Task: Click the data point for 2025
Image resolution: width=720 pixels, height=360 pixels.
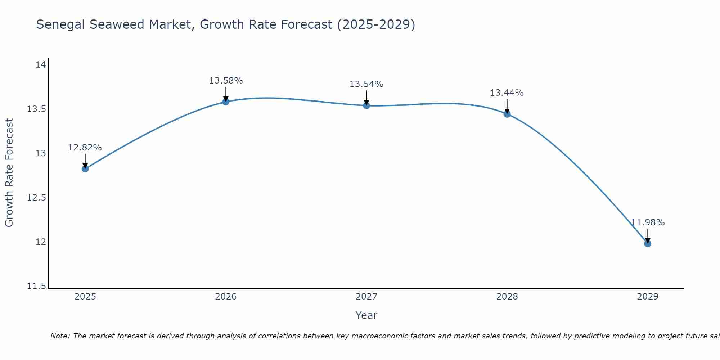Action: click(85, 168)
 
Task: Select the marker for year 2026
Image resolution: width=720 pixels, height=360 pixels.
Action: click(226, 102)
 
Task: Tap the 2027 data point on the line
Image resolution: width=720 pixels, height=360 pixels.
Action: click(366, 105)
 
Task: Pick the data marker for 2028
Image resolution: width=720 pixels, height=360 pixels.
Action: click(507, 114)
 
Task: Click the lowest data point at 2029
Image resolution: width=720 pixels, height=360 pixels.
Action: click(648, 243)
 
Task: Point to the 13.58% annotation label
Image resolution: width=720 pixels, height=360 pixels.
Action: click(226, 81)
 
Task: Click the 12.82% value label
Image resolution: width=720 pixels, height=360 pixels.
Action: click(85, 148)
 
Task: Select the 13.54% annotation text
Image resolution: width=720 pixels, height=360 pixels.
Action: click(366, 84)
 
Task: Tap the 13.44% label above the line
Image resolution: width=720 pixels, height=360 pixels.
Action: click(507, 93)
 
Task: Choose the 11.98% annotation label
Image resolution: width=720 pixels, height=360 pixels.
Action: click(648, 222)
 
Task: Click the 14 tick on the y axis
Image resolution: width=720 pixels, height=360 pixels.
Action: click(41, 65)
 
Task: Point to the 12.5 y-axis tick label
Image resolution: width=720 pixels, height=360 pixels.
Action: click(37, 198)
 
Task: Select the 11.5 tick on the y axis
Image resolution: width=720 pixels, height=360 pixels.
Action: click(37, 286)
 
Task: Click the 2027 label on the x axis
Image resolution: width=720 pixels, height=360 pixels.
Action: click(366, 297)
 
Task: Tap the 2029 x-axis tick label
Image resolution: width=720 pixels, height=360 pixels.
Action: click(648, 297)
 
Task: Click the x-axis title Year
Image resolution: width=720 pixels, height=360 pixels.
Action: click(366, 315)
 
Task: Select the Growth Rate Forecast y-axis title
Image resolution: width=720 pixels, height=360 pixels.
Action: click(9, 173)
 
